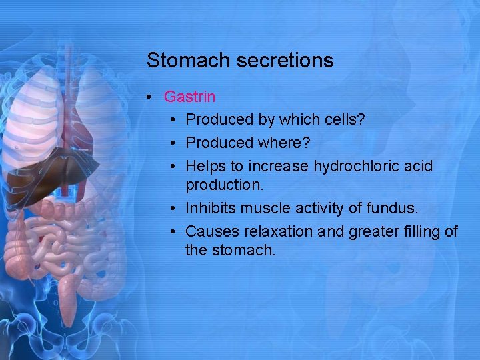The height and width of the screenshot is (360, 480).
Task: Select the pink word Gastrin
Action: (189, 97)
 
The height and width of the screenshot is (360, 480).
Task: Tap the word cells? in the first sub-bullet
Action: (342, 119)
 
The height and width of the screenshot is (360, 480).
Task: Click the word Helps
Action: (206, 165)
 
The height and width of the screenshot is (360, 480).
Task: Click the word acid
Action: (419, 165)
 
